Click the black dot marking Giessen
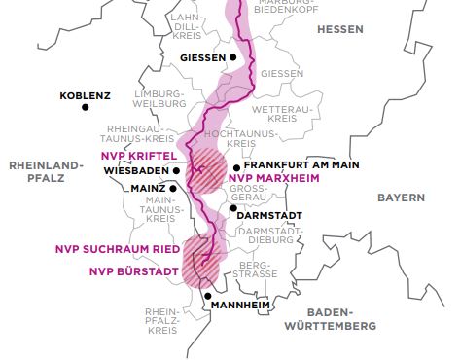coord(233,58)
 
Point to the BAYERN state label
coord(402,198)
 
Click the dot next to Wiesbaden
coord(177,169)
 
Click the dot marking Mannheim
coord(208,296)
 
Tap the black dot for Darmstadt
coord(232,207)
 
